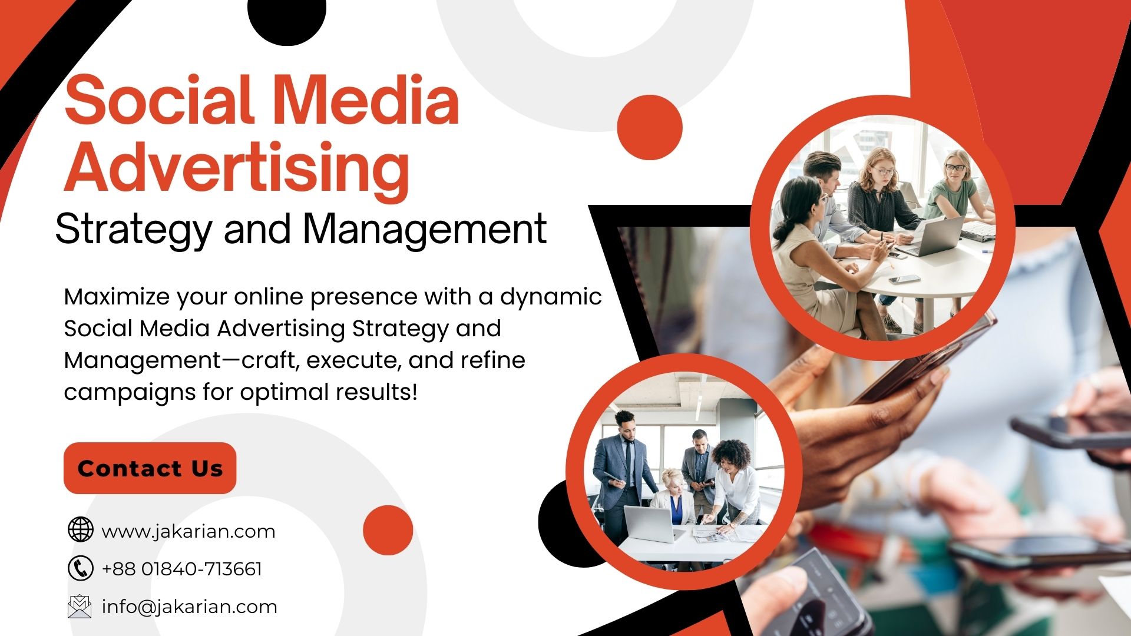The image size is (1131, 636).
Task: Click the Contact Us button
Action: (x=150, y=468)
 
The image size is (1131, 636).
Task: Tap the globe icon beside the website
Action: (x=81, y=529)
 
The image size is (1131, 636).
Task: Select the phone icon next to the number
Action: (x=81, y=568)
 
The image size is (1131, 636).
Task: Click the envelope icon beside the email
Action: (x=80, y=607)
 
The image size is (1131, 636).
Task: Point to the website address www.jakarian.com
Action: (x=188, y=532)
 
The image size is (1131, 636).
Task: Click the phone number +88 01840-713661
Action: (x=182, y=569)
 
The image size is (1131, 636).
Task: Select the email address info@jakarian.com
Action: (x=190, y=607)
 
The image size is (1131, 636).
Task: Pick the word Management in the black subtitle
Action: (x=425, y=230)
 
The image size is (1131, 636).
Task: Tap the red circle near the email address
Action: (x=388, y=530)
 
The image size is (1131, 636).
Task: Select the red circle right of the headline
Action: (x=650, y=127)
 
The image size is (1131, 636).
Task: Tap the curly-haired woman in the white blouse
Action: (x=733, y=483)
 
